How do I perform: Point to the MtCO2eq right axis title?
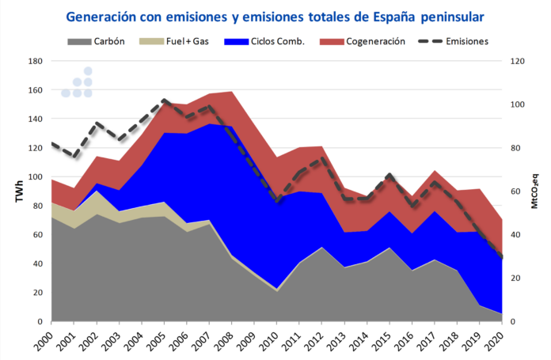(x=534, y=191)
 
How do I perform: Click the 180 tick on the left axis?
(x=35, y=61)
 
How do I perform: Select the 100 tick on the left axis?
(x=35, y=177)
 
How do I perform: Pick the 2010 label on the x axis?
(x=276, y=339)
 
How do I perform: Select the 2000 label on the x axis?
(x=51, y=339)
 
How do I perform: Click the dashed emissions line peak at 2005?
(x=164, y=100)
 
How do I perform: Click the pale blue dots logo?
(x=78, y=83)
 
